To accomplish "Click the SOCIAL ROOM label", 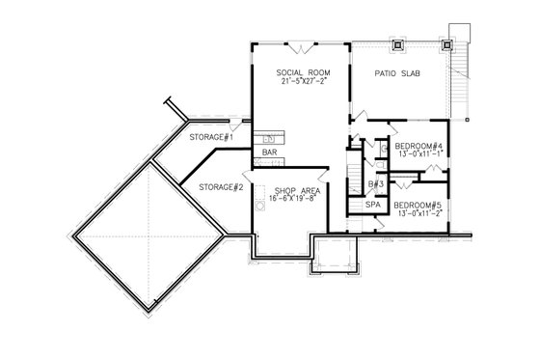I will [300, 72].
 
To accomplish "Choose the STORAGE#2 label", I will [219, 186].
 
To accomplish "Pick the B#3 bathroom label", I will [377, 183].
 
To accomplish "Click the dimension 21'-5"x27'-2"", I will [300, 82].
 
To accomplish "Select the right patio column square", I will [446, 43].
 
